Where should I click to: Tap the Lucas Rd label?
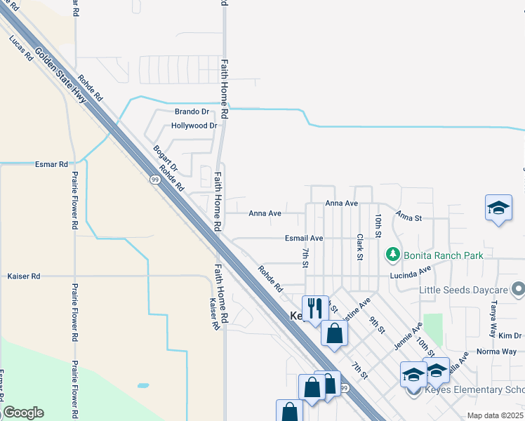(x=21, y=49)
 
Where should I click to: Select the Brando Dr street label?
(x=192, y=112)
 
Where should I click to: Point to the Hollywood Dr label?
(x=194, y=126)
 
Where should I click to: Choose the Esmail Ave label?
(x=304, y=239)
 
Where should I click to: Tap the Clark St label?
(x=359, y=247)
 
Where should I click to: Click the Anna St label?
(x=408, y=217)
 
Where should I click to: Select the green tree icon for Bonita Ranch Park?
(x=393, y=254)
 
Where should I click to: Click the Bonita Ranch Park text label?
(x=443, y=255)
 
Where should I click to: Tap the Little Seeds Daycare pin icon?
(x=518, y=289)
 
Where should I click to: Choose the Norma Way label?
(x=496, y=351)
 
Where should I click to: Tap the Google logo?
(x=23, y=413)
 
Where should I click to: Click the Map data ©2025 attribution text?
(x=495, y=415)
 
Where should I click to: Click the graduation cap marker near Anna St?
(x=498, y=208)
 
